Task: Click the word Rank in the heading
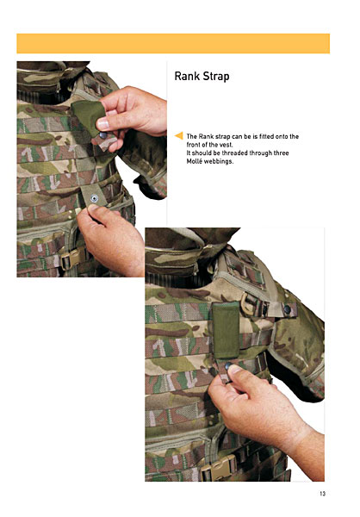tap(187, 76)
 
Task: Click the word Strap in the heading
tap(216, 77)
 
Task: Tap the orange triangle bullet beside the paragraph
tap(178, 135)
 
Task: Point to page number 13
tap(322, 494)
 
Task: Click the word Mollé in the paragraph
tap(194, 161)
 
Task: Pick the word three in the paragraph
tap(281, 153)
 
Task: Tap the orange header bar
tap(173, 43)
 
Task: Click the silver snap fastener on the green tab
tap(94, 198)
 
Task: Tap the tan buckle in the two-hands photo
tap(71, 259)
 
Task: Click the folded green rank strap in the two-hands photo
tap(88, 117)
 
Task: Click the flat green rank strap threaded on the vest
tap(226, 330)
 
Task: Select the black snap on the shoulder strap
tap(287, 309)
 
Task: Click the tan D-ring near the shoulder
tap(246, 303)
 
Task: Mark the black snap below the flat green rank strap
tap(228, 365)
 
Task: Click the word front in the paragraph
tap(194, 145)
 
